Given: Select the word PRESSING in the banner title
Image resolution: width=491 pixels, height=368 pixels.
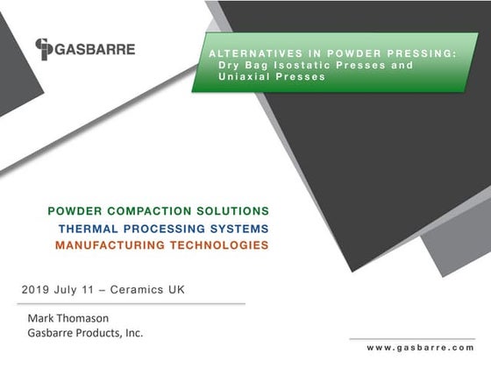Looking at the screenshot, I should [422, 54].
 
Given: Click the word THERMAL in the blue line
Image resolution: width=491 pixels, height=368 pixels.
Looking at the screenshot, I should [89, 229].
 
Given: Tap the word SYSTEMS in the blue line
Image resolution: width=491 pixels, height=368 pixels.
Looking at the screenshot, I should [238, 229].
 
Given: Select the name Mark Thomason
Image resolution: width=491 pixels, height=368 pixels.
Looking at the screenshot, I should [74, 317].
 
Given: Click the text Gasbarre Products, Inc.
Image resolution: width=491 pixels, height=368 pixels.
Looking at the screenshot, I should [85, 333].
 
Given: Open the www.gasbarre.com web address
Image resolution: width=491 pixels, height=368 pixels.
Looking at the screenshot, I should [420, 349].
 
